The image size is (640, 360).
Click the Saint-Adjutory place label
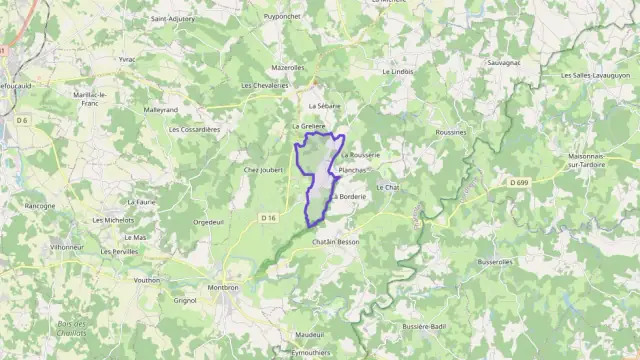(172, 18)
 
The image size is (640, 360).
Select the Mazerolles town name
(287, 67)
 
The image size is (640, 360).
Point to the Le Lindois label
(397, 72)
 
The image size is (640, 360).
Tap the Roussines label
(452, 131)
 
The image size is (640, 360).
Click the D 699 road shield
(517, 182)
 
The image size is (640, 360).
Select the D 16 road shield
(267, 217)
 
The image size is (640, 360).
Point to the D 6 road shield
(22, 121)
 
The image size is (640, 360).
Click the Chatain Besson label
(335, 242)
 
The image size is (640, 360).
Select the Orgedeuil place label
(208, 221)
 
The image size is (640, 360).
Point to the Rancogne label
(40, 206)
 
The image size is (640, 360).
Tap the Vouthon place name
(146, 280)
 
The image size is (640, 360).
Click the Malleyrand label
(160, 109)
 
